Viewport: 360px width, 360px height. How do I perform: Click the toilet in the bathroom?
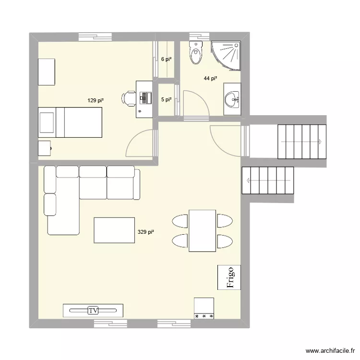click(196, 53)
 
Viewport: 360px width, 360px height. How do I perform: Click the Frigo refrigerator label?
click(229, 277)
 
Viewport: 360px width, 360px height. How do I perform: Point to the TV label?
click(93, 311)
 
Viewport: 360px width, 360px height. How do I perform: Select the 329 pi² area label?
click(145, 232)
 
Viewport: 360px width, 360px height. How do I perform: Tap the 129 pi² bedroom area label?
click(96, 100)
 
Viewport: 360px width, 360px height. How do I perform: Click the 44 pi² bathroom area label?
click(210, 79)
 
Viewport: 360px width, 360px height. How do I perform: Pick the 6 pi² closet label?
click(166, 60)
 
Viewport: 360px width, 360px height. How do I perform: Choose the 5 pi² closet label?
click(166, 100)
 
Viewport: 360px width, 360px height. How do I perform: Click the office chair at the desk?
click(128, 97)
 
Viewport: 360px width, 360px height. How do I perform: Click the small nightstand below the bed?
click(45, 148)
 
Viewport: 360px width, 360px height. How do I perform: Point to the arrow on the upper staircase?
click(319, 142)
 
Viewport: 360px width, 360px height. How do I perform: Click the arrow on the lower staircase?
click(248, 180)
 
